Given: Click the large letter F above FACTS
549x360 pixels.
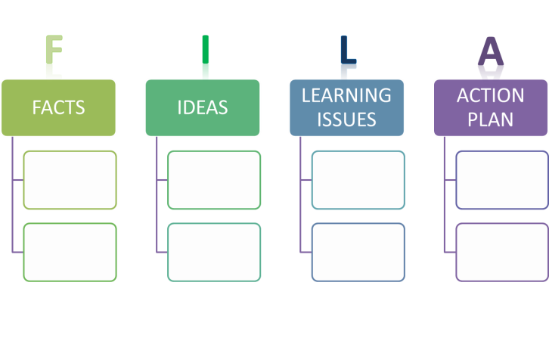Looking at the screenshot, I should click(53, 57).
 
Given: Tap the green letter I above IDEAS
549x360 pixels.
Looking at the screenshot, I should click(205, 57).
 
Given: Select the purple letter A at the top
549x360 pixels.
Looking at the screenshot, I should click(491, 57).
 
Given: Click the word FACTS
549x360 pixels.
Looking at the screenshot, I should click(58, 107).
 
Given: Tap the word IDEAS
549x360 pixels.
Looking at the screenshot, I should click(203, 107).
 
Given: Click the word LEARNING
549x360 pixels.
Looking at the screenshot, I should click(346, 96).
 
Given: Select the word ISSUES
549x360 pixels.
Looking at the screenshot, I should click(346, 119).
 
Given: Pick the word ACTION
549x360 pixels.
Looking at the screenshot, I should click(491, 96).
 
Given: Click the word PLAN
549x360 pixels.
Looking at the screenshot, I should click(491, 119).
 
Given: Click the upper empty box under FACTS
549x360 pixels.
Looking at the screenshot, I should click(70, 180).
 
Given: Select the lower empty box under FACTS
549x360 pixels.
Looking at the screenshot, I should click(70, 252).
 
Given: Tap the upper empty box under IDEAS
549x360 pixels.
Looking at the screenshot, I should click(214, 180).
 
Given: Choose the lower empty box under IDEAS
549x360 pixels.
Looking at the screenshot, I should click(214, 252).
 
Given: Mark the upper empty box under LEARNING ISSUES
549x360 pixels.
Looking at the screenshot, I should click(358, 180).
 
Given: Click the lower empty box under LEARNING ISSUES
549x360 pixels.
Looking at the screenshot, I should click(358, 252).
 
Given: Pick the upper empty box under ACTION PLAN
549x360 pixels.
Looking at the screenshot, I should click(502, 180).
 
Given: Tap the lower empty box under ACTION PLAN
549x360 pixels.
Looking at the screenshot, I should click(502, 252).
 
